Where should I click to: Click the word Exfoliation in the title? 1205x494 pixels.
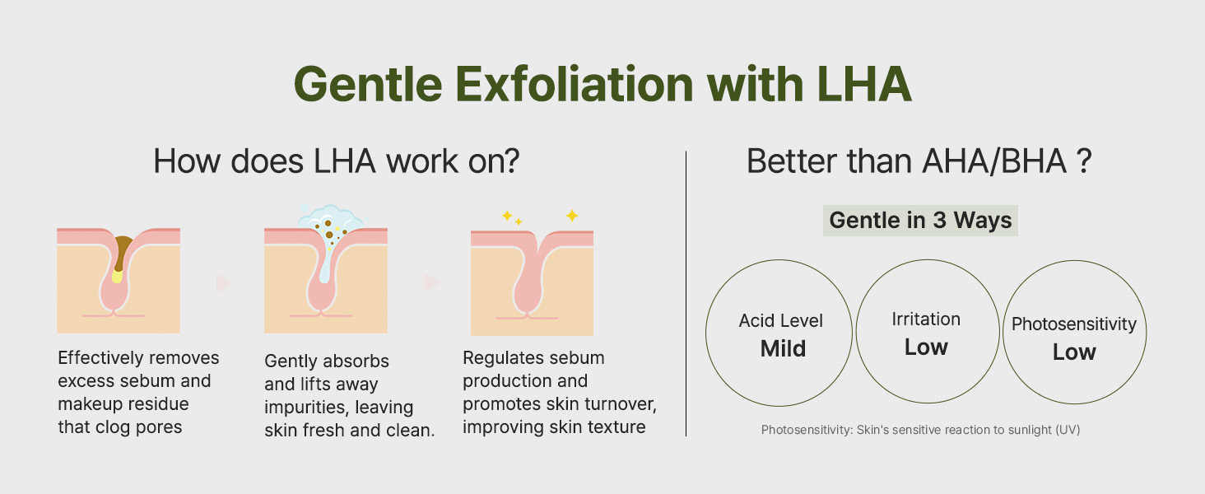coord(575,84)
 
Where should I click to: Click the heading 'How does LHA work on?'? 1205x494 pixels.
coord(337,161)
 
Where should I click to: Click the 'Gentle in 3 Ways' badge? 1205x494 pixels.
coord(920,221)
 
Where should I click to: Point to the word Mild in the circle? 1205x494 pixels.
coord(783,349)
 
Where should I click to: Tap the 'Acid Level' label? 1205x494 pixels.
coord(780,321)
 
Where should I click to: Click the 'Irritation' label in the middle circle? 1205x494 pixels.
coord(926,319)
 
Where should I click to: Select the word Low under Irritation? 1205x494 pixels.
coord(926,347)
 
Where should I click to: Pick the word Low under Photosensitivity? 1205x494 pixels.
coord(1074,352)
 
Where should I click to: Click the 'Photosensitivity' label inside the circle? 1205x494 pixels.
coord(1074,324)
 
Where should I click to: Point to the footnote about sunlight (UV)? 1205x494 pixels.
coord(920,430)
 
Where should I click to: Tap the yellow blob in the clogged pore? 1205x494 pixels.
coord(117,276)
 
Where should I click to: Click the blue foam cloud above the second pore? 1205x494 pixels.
coord(332,218)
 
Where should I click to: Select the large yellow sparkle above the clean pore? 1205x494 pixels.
coord(572,216)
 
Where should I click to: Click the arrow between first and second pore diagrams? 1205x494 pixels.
coord(225,282)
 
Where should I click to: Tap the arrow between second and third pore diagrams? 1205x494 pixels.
coord(431,282)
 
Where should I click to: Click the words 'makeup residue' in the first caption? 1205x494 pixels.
coord(123,403)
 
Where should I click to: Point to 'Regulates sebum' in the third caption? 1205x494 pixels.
coord(533,358)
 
